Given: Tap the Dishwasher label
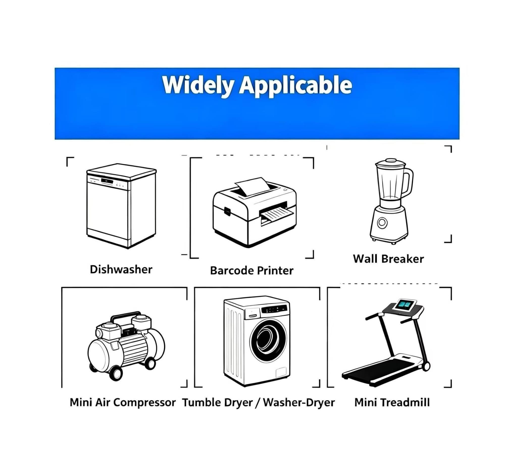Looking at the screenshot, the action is (121, 269).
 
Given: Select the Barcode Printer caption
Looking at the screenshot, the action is (252, 271).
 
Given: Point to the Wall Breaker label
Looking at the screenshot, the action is (388, 259).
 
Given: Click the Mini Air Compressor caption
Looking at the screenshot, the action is (122, 402).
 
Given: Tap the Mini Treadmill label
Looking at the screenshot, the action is (392, 402).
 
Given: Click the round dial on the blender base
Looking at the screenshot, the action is (382, 223).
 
